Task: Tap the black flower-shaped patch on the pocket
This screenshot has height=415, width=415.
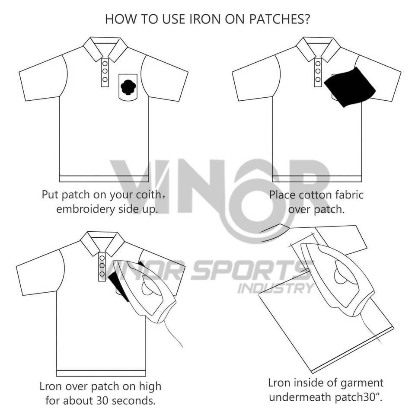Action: tap(128, 88)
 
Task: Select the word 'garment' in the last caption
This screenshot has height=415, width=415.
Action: tap(361, 383)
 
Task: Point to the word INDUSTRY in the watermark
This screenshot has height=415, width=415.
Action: tap(275, 288)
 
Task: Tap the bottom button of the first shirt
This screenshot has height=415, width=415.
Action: tap(105, 80)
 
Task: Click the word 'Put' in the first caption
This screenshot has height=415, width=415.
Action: tap(51, 195)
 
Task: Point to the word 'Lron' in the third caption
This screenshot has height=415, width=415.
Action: tap(48, 385)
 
